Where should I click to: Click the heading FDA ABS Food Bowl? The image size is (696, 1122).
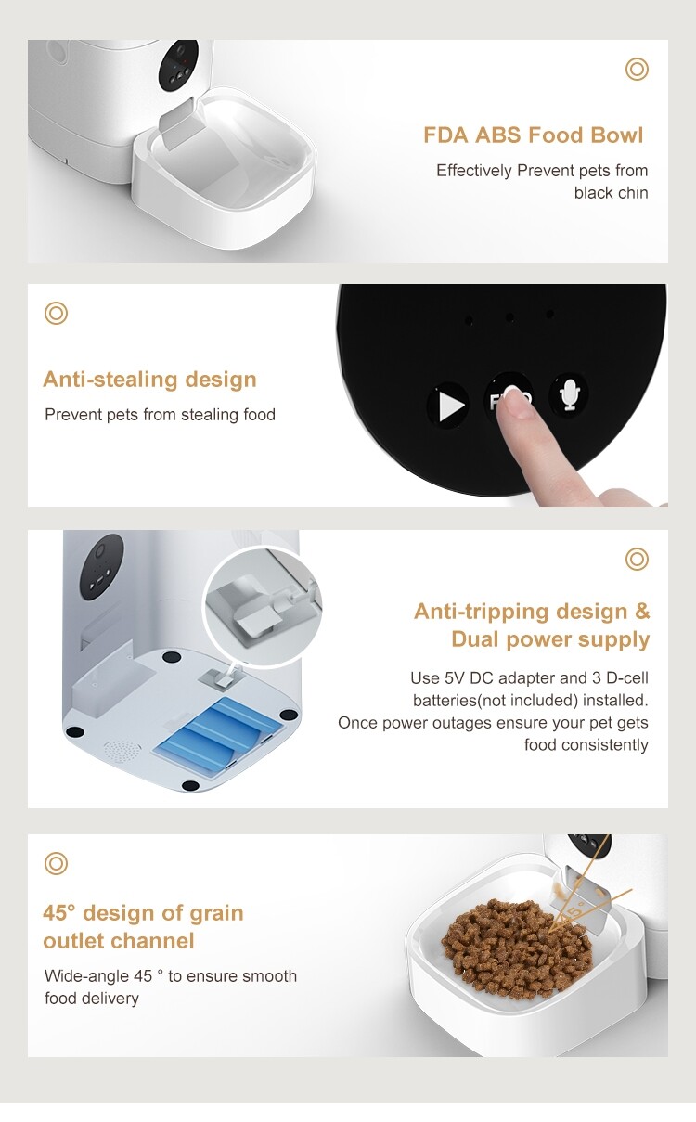(533, 135)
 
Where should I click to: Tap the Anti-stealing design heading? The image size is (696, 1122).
(149, 380)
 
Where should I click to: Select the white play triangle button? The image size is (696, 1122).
(449, 406)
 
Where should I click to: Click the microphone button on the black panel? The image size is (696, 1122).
(569, 395)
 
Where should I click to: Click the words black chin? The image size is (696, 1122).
(611, 193)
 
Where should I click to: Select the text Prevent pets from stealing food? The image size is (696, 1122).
(160, 415)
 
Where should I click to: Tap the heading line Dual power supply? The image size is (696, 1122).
(550, 639)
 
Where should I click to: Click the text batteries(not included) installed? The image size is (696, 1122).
(530, 701)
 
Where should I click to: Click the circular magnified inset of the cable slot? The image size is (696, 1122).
(260, 605)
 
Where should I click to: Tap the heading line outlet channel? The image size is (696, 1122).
(119, 941)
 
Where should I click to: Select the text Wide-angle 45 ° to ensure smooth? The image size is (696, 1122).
(171, 976)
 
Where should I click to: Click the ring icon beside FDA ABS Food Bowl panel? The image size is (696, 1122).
(637, 69)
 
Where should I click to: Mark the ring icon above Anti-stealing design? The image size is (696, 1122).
(57, 314)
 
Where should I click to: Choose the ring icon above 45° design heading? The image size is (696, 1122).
(57, 864)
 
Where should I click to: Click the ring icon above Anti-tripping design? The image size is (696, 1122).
(637, 559)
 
